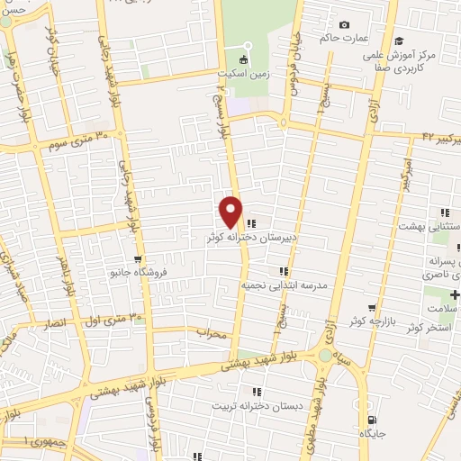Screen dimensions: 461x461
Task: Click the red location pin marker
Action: click(x=230, y=212)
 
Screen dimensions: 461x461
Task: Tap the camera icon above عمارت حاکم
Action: click(x=344, y=25)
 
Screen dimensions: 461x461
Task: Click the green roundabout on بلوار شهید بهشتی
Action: click(x=324, y=356)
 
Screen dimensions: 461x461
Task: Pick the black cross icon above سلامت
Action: click(x=454, y=295)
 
